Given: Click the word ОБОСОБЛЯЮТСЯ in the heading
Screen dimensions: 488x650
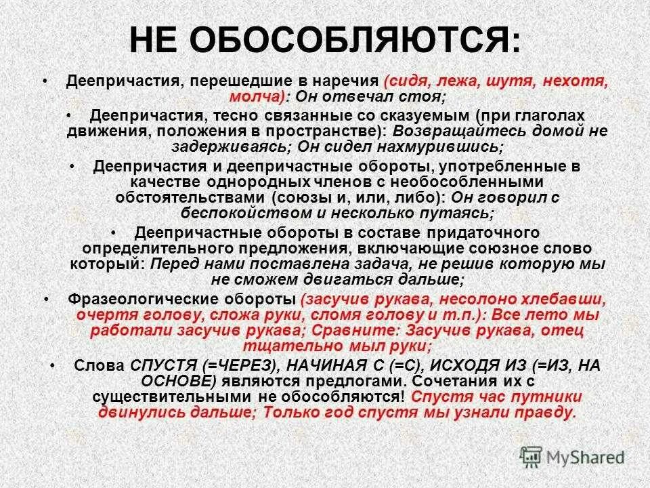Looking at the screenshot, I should (354, 41).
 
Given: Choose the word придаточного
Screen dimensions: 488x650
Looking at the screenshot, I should (461, 232).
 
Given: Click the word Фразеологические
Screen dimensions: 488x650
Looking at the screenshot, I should (146, 300).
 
